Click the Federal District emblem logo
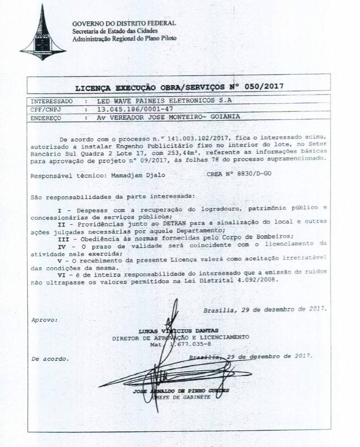point(43,33)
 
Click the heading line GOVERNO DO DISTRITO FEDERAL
point(124,23)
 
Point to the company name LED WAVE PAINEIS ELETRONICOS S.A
point(165,101)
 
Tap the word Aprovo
point(44,320)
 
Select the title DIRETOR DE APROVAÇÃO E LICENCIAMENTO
point(180,337)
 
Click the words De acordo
point(50,359)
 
